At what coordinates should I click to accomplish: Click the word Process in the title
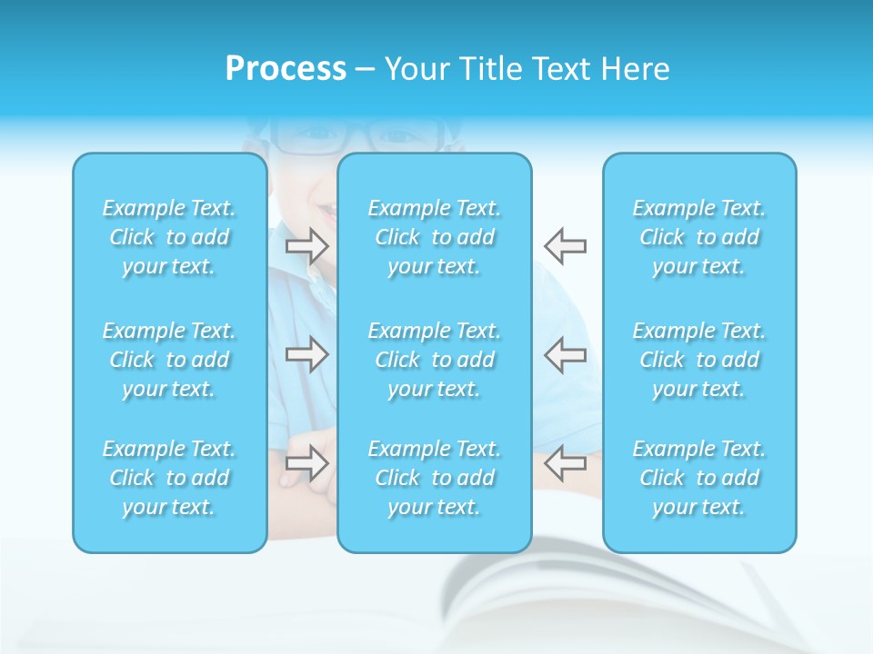tap(286, 69)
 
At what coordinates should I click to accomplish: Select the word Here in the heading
tap(636, 69)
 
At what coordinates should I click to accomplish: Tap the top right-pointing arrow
tap(307, 245)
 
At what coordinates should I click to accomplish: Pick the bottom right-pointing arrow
tap(307, 462)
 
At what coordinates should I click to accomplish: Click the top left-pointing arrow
tap(565, 245)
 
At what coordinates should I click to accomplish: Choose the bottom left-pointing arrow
tap(565, 462)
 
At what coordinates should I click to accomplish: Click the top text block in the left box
tap(169, 237)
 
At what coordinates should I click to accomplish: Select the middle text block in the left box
tap(169, 360)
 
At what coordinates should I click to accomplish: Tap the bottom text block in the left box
tap(169, 478)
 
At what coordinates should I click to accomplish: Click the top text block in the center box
tap(435, 237)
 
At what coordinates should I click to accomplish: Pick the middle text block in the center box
tap(435, 360)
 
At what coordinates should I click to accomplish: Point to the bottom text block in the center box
tap(435, 478)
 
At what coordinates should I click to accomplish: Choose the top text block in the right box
tap(699, 237)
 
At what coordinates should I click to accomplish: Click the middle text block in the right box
tap(699, 360)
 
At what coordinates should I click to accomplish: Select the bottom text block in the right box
tap(699, 478)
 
